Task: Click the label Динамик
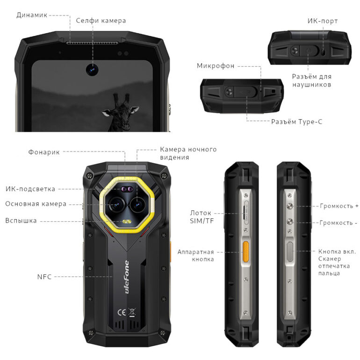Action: (32, 15)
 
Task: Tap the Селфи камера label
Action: (101, 21)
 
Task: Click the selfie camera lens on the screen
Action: (92, 70)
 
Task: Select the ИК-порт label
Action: (322, 21)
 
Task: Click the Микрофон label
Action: (216, 65)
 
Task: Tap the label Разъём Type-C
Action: (296, 122)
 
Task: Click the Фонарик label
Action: (43, 151)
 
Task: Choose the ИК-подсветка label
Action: (30, 189)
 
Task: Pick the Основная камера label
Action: (36, 204)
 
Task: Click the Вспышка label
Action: (21, 220)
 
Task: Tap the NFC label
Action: (44, 276)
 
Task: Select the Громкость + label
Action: (339, 206)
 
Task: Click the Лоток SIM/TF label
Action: (202, 216)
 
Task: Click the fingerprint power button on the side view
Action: (290, 253)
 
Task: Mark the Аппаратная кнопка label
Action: (195, 255)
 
